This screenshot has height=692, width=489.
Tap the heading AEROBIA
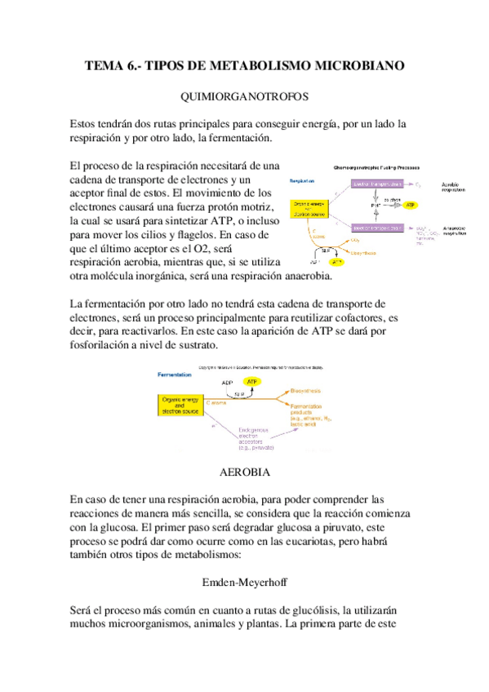[244, 472]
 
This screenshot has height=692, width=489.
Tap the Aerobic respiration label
[454, 188]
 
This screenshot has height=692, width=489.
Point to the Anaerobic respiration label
[455, 231]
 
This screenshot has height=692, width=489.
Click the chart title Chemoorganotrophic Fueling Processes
[371, 166]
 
